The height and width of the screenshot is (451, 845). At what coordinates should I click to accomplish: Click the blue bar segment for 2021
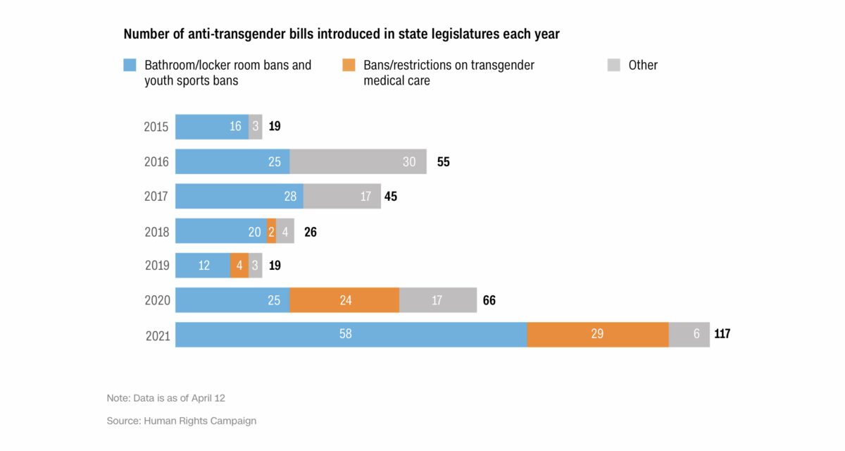[x=351, y=335]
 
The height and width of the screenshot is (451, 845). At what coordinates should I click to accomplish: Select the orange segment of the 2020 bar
[x=344, y=300]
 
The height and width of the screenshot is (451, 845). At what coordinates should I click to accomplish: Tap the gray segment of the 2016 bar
[x=358, y=161]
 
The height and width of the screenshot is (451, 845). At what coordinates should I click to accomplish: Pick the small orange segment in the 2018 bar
[x=271, y=231]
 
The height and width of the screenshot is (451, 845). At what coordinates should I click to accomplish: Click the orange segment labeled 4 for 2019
[x=239, y=266]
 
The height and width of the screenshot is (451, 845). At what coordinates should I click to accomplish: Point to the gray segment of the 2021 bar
[x=689, y=335]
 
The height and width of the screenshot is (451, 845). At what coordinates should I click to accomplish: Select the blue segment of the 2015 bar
[x=212, y=127]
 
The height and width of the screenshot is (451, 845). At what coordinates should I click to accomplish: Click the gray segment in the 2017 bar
[x=342, y=197]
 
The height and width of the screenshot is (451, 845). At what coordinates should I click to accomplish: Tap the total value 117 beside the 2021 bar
[x=722, y=334]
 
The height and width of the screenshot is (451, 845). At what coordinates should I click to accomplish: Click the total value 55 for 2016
[x=443, y=162]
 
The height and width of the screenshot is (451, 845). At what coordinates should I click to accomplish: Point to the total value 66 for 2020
[x=490, y=300]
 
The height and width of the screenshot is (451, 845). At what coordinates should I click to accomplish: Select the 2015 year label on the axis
[x=156, y=128]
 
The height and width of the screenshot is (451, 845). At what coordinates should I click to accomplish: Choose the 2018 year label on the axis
[x=156, y=231]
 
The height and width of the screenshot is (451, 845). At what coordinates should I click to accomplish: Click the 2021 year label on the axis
[x=156, y=335]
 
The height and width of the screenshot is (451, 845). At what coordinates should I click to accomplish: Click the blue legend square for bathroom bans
[x=130, y=66]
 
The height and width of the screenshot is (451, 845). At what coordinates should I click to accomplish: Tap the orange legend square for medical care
[x=348, y=66]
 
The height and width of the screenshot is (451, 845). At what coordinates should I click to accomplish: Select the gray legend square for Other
[x=613, y=66]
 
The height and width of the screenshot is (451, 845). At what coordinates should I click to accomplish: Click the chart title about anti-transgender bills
[x=342, y=34]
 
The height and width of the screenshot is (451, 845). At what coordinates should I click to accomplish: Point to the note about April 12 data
[x=166, y=398]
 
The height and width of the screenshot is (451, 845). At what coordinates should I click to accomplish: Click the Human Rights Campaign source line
[x=182, y=421]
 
